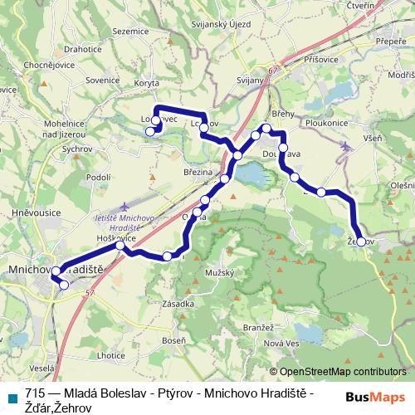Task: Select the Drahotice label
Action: point(82,49)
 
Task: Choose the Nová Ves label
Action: point(281,343)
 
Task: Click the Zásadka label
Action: point(178,305)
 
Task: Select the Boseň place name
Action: point(174,340)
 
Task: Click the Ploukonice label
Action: point(325,122)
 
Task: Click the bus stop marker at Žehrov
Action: point(360,242)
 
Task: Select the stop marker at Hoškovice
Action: point(120,246)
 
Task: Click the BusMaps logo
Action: point(375,397)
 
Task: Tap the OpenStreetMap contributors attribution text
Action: point(342,373)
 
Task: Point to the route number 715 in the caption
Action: point(35,393)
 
